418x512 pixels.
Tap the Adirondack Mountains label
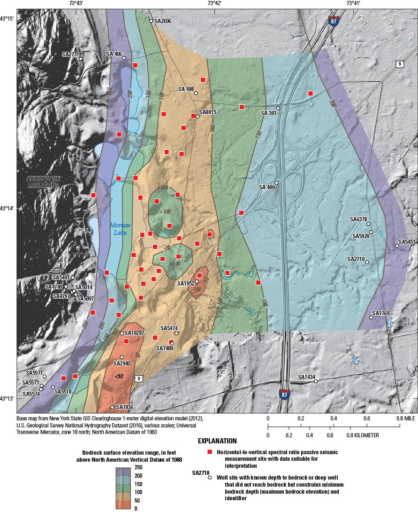coord(43,182)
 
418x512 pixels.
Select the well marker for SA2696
coord(151,21)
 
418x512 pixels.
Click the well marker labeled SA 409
coord(277,183)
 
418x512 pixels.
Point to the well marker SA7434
coord(316,381)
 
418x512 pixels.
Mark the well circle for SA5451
coord(397,246)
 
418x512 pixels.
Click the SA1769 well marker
coord(371,318)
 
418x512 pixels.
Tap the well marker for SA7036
coord(113,407)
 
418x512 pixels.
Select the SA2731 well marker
coord(81,59)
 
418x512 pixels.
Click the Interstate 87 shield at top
coord(334,22)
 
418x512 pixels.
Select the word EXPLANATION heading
coord(217,442)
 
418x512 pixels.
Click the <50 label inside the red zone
coord(119,376)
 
